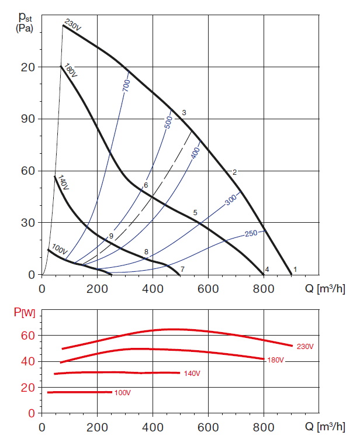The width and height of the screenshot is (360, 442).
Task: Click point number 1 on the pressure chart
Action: point(295,269)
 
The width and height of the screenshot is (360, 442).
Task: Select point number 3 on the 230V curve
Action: point(184,112)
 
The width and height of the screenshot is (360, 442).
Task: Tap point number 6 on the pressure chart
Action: point(146,185)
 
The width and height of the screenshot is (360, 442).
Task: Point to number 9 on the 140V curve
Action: point(110,236)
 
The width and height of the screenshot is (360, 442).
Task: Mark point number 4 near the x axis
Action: point(267,269)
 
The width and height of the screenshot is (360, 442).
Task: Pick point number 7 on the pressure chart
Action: point(182,269)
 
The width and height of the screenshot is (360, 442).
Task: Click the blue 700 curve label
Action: point(126,85)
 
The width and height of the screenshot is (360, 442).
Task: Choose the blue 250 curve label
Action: point(251,234)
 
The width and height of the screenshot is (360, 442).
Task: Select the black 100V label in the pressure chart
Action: point(60,248)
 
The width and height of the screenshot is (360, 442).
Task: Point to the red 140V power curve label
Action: point(192,372)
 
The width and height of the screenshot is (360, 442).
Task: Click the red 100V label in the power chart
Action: point(122,392)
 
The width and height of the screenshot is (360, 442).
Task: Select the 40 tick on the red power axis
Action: point(29,361)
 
